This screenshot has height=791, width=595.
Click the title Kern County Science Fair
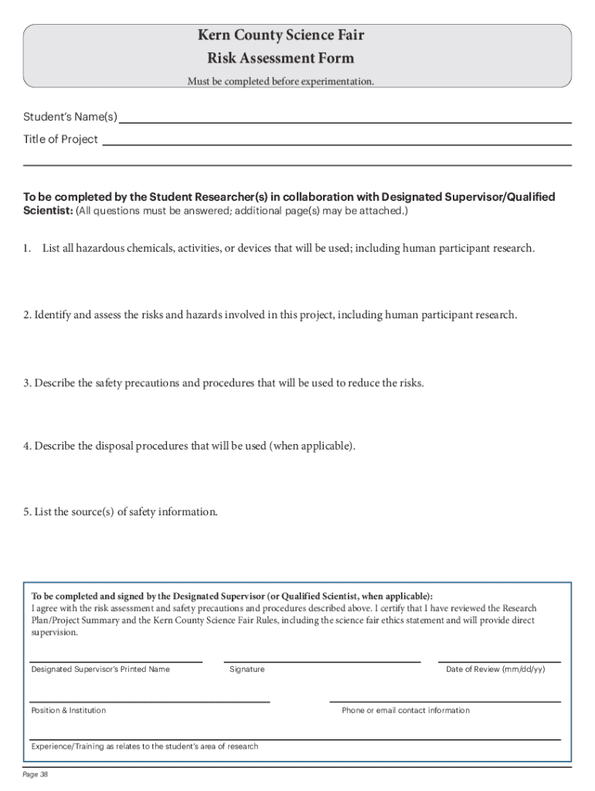pyautogui.click(x=280, y=36)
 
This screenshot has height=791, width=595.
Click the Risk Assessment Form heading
pyautogui.click(x=280, y=58)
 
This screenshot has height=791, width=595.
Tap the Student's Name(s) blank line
pyautogui.click(x=345, y=122)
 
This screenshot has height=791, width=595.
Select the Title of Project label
pyautogui.click(x=60, y=140)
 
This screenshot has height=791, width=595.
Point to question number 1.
pyautogui.click(x=26, y=249)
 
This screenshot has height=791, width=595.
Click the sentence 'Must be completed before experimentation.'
pyautogui.click(x=280, y=81)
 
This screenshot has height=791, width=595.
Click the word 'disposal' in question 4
pyautogui.click(x=127, y=446)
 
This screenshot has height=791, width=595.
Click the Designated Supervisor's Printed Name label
pyautogui.click(x=100, y=669)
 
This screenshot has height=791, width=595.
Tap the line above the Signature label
pyautogui.click(x=321, y=661)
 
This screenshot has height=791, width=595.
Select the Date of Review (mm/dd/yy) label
pyautogui.click(x=495, y=669)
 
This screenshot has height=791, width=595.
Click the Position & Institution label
pyautogui.click(x=69, y=711)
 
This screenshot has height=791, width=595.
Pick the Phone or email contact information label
pyautogui.click(x=406, y=711)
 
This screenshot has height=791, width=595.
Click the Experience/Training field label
pyautogui.click(x=144, y=747)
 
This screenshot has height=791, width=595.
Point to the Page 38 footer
pyautogui.click(x=36, y=775)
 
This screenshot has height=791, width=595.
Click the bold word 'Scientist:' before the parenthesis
pyautogui.click(x=48, y=211)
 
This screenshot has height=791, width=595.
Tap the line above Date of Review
pyautogui.click(x=499, y=661)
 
